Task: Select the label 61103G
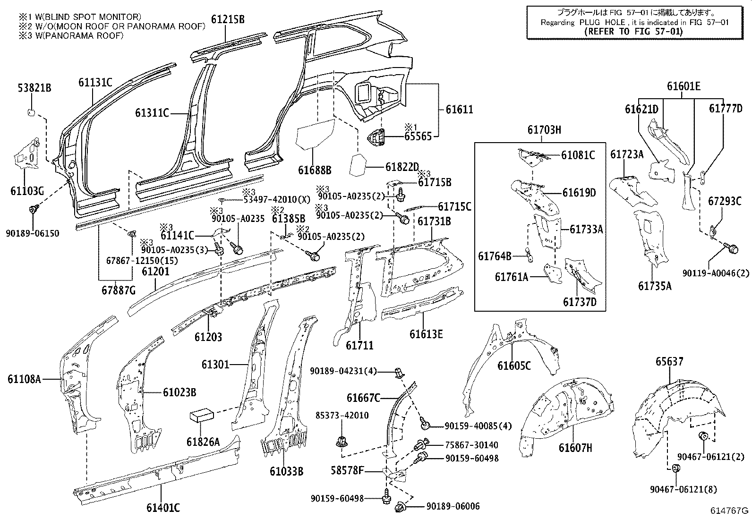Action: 27,191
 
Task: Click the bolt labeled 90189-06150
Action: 34,210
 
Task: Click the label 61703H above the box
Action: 544,129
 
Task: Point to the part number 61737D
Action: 579,301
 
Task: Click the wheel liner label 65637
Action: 669,362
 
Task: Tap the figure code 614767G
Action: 731,510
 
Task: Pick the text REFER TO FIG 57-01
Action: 633,32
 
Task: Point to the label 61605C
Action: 514,366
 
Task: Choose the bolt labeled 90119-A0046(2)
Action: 733,248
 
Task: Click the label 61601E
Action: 684,86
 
